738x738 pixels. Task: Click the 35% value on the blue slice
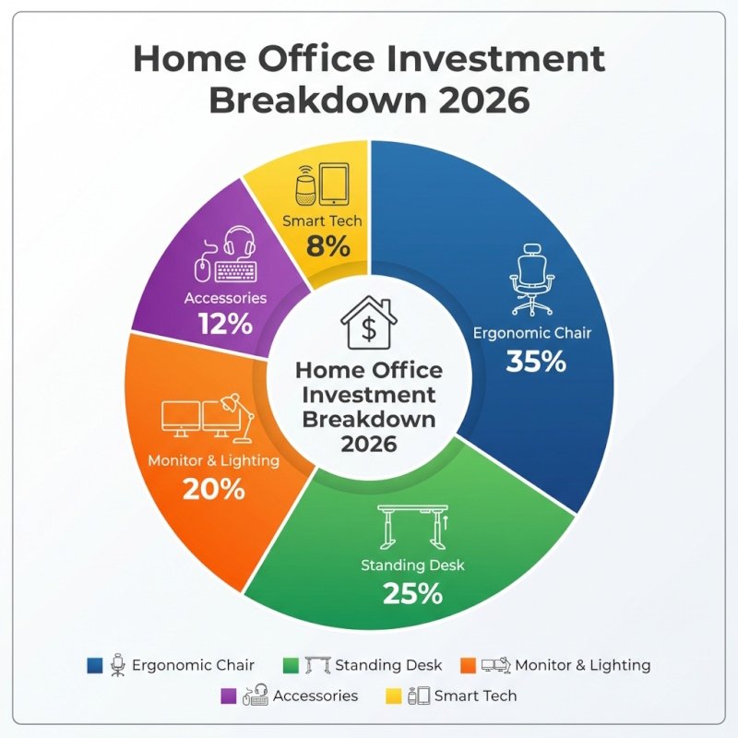536,362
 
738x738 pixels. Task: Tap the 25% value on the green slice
412,593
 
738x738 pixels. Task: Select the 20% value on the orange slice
214,488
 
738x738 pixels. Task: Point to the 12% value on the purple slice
224,324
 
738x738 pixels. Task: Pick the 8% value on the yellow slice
328,246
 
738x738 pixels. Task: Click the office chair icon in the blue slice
531,280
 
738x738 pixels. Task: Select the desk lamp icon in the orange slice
237,418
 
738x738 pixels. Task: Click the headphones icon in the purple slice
239,244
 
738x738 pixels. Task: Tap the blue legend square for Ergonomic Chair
94,665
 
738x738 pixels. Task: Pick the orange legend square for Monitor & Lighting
468,665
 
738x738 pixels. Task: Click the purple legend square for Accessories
229,696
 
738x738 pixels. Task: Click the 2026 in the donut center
368,444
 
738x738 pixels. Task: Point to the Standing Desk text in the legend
388,665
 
